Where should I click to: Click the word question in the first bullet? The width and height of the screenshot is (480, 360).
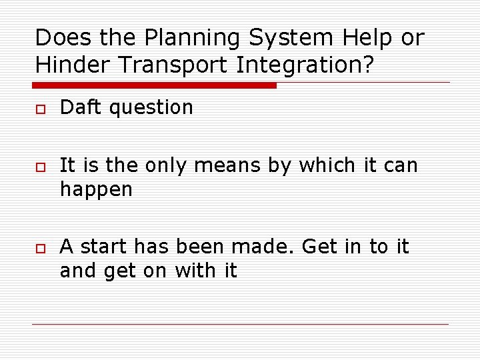151,108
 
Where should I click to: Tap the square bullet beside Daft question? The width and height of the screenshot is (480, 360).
40,108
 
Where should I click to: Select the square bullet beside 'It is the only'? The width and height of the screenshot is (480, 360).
40,166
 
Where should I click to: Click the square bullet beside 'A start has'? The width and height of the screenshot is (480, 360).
40,247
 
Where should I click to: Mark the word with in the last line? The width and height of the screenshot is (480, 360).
191,271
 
